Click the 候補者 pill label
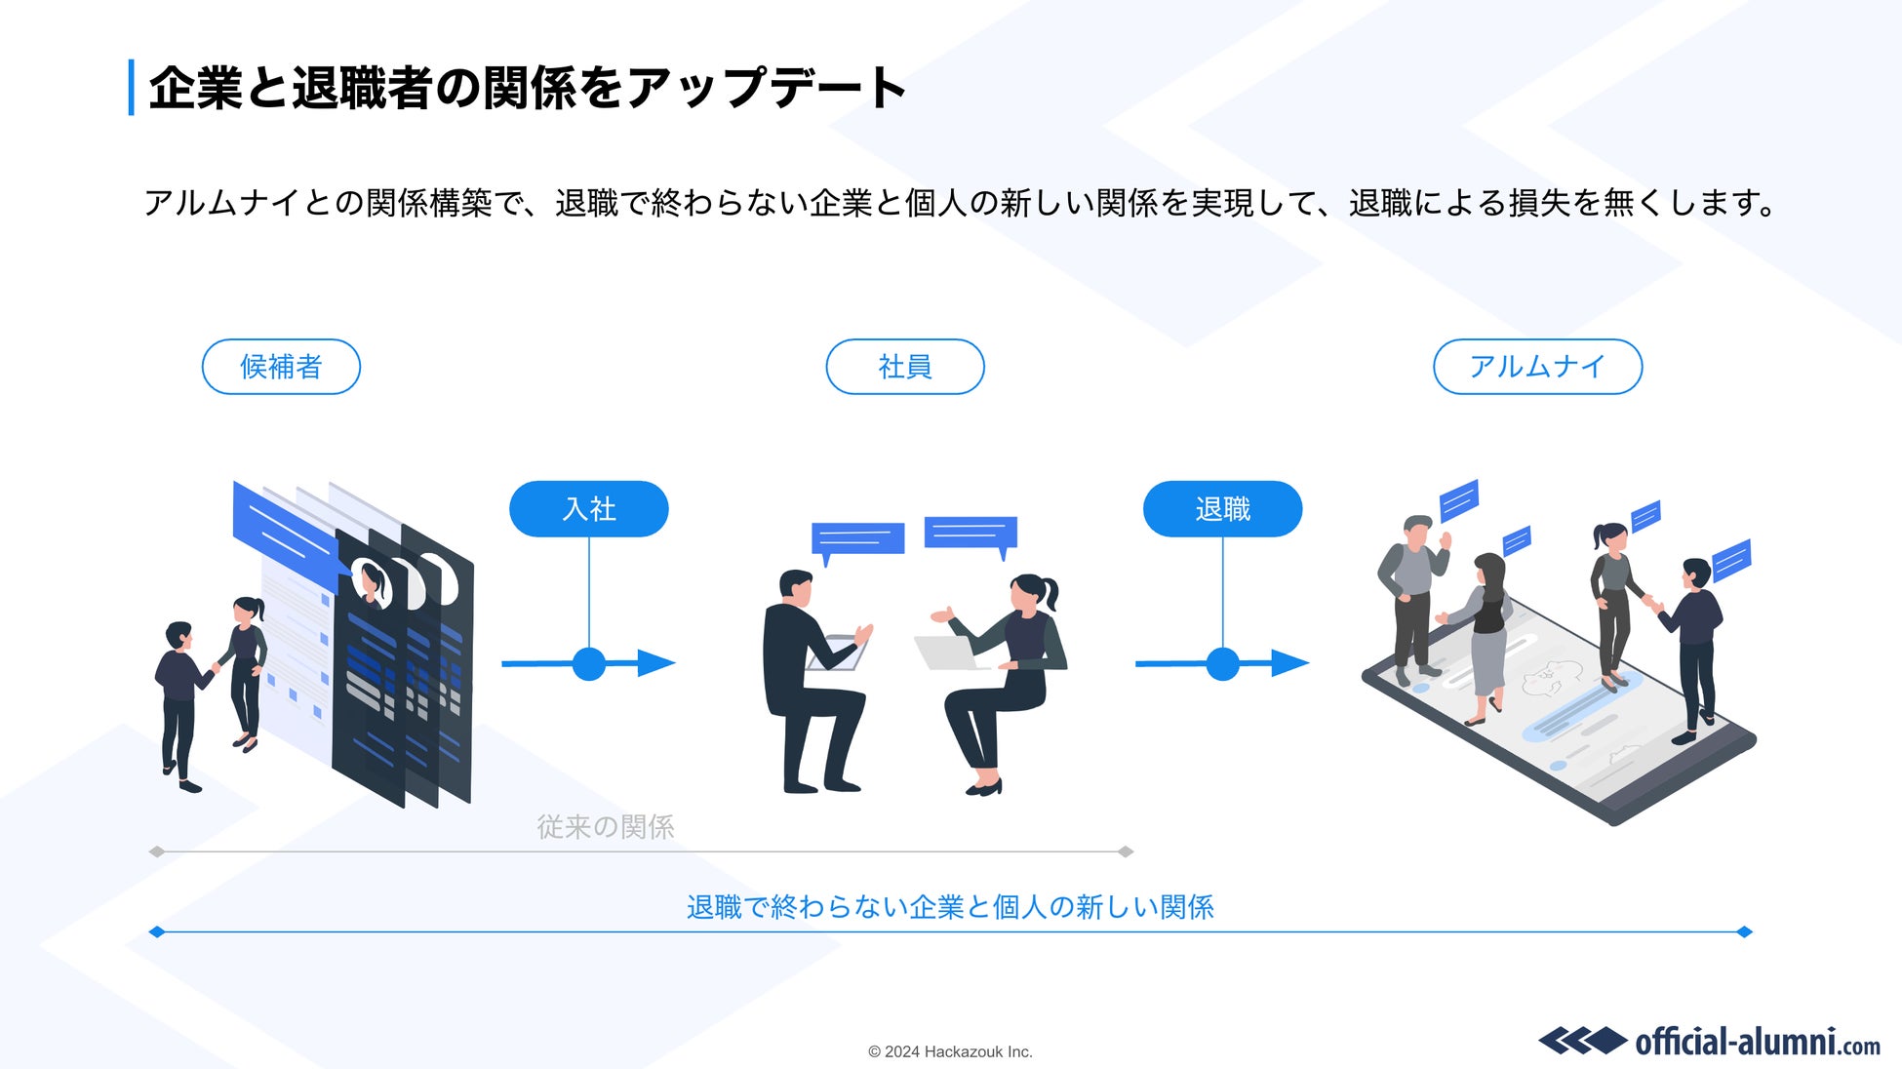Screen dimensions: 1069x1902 point(281,367)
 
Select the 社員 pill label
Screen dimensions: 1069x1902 point(904,367)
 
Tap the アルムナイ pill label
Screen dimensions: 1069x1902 point(1537,367)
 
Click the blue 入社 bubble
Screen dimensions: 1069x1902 point(588,509)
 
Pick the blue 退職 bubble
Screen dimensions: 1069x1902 point(1222,509)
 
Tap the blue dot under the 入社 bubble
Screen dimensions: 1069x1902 point(588,664)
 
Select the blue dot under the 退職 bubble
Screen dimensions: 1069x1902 point(1222,664)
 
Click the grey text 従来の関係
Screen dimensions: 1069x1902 point(605,827)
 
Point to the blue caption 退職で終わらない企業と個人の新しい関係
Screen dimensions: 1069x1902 point(950,907)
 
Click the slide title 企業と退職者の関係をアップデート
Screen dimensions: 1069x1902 point(527,88)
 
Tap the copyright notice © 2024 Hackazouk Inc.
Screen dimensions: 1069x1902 point(950,1051)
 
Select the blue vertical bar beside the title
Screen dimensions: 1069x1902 point(131,88)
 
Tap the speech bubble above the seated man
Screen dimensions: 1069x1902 point(857,539)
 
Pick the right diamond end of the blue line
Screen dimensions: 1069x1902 point(1745,932)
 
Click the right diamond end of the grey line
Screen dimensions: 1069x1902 point(1126,851)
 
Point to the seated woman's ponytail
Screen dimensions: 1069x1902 point(1051,591)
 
